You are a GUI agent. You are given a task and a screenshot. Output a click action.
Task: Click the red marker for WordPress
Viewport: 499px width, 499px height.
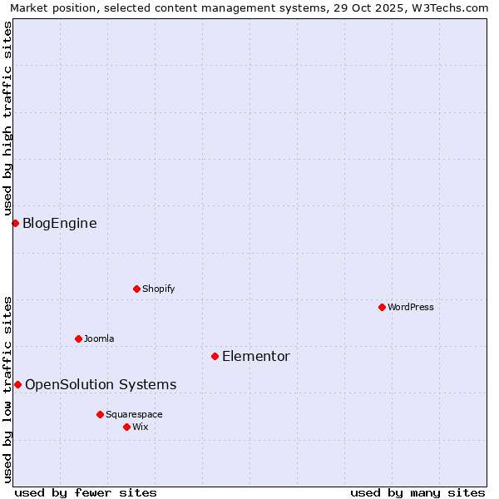pyautogui.click(x=382, y=307)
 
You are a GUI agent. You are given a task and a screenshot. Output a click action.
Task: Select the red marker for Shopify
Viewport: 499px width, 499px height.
pyautogui.click(x=136, y=289)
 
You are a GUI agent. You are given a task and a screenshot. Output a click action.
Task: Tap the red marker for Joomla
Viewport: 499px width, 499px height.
pyautogui.click(x=78, y=338)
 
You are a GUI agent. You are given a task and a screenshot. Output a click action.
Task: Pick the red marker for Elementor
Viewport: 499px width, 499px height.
pyautogui.click(x=215, y=356)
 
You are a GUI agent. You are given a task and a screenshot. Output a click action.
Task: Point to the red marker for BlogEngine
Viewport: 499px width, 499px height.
pyautogui.click(x=15, y=223)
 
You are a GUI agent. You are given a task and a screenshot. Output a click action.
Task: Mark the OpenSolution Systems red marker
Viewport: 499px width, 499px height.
pyautogui.click(x=17, y=384)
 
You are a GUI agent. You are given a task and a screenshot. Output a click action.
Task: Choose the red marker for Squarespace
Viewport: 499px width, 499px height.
pyautogui.click(x=100, y=414)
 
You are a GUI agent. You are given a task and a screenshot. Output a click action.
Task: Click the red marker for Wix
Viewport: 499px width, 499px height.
pyautogui.click(x=126, y=427)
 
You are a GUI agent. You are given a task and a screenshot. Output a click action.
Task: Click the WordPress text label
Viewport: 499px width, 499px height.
pyautogui.click(x=411, y=307)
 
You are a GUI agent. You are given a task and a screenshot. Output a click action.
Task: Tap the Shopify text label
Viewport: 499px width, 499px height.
pyautogui.click(x=159, y=289)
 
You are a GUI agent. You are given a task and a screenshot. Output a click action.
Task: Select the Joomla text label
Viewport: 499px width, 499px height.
pyautogui.click(x=99, y=338)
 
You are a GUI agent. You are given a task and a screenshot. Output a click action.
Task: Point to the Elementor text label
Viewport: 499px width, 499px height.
pyautogui.click(x=256, y=356)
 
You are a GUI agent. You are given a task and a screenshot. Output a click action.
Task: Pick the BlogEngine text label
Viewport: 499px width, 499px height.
pyautogui.click(x=60, y=223)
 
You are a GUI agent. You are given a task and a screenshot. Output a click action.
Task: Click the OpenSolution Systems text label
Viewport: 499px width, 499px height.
pyautogui.click(x=101, y=384)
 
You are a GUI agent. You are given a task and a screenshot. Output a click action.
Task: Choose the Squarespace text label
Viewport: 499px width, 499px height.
pyautogui.click(x=134, y=414)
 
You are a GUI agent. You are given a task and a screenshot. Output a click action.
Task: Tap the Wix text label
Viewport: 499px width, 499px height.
pyautogui.click(x=141, y=427)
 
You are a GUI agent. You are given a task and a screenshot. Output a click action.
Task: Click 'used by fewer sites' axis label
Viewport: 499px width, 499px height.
pyautogui.click(x=86, y=492)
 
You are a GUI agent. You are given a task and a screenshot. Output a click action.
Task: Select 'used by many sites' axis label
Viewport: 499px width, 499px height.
pyautogui.click(x=417, y=492)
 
